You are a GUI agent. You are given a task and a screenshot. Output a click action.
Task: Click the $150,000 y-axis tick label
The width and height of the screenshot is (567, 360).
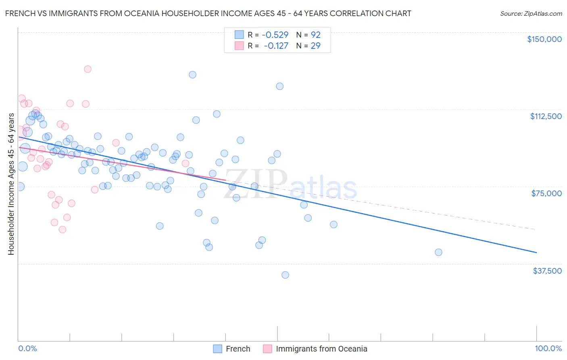pyautogui.click(x=544, y=39)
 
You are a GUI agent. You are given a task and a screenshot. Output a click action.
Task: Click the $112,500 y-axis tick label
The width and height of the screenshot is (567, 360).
pyautogui.click(x=546, y=116)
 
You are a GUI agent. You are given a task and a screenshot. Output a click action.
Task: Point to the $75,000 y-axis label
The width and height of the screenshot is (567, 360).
pyautogui.click(x=546, y=193)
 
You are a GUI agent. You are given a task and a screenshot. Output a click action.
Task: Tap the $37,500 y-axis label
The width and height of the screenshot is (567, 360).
pyautogui.click(x=547, y=271)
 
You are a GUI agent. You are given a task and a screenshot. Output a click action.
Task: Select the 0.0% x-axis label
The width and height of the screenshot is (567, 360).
pyautogui.click(x=27, y=349)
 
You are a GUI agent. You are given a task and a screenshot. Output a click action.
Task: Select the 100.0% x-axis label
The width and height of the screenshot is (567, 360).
pyautogui.click(x=548, y=349)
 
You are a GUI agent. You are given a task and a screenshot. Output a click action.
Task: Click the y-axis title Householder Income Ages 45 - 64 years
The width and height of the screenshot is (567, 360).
pyautogui.click(x=11, y=184)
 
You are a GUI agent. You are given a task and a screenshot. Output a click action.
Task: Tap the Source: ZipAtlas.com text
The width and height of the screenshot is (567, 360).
pyautogui.click(x=531, y=14)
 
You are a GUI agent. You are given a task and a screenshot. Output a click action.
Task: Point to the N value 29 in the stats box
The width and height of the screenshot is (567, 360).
pyautogui.click(x=315, y=46)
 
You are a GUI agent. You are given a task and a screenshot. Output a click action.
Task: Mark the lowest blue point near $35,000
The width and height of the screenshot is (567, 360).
pyautogui.click(x=285, y=275)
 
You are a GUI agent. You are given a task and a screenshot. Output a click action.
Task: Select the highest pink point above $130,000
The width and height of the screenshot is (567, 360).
pyautogui.click(x=88, y=69)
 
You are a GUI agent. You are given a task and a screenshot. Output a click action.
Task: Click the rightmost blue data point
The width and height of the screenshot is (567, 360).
pyautogui.click(x=438, y=252)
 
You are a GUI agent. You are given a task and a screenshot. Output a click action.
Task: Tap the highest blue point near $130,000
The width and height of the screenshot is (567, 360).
pyautogui.click(x=192, y=75)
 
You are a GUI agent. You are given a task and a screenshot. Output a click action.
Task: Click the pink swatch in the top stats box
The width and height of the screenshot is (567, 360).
pyautogui.click(x=239, y=46)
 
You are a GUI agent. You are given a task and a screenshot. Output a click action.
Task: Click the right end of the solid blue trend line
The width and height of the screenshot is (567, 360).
pyautogui.click(x=536, y=253)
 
